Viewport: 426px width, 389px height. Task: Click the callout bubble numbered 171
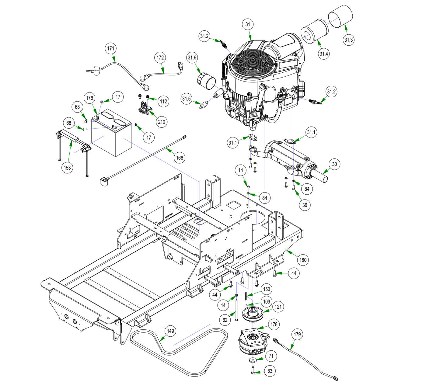pyautogui.click(x=112, y=48)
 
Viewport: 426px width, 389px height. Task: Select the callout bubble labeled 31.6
pyautogui.click(x=192, y=57)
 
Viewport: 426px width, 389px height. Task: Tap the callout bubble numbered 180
pyautogui.click(x=303, y=260)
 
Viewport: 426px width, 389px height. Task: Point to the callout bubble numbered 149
pyautogui.click(x=171, y=331)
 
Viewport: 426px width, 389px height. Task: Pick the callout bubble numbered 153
pyautogui.click(x=67, y=168)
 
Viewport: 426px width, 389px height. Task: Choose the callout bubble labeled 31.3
pyautogui.click(x=348, y=40)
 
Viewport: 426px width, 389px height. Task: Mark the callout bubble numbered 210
pyautogui.click(x=161, y=122)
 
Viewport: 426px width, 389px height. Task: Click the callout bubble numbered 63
pyautogui.click(x=270, y=371)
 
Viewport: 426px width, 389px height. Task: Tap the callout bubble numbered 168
pyautogui.click(x=180, y=158)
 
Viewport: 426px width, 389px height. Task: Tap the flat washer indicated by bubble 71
pyautogui.click(x=253, y=360)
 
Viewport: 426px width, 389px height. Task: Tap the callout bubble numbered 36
pyautogui.click(x=305, y=205)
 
